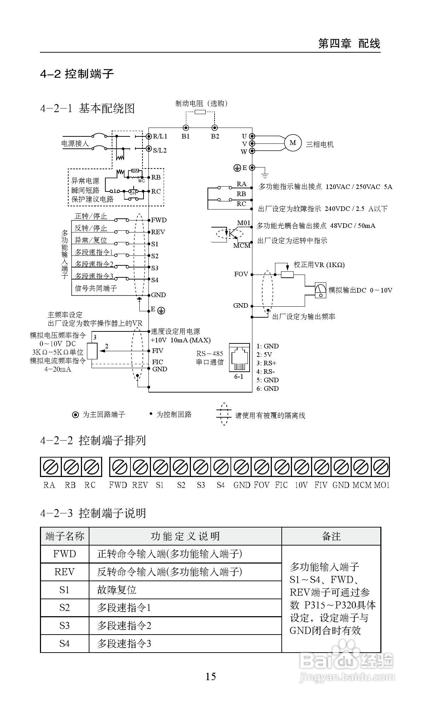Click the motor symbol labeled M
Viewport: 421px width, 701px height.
tap(293, 143)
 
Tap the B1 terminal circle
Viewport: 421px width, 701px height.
tap(186, 128)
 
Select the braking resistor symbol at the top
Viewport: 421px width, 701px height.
tap(200, 112)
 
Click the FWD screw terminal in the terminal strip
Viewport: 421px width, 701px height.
tap(120, 467)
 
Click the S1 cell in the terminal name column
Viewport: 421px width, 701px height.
tap(64, 590)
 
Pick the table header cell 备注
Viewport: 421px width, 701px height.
tap(331, 536)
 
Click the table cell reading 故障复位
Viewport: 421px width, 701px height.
tap(117, 590)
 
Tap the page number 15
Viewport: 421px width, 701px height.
tap(211, 677)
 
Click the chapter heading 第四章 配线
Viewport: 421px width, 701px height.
tap(349, 43)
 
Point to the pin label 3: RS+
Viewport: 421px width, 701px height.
tap(267, 363)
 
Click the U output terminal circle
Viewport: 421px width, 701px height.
tap(252, 136)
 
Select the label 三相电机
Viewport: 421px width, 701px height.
tap(320, 144)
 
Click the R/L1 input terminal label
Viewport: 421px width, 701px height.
tap(160, 136)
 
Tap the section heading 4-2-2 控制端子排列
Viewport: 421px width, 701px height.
tap(93, 441)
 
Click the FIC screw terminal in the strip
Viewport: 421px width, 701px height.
tap(281, 467)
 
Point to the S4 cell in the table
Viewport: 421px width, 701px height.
tap(64, 643)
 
